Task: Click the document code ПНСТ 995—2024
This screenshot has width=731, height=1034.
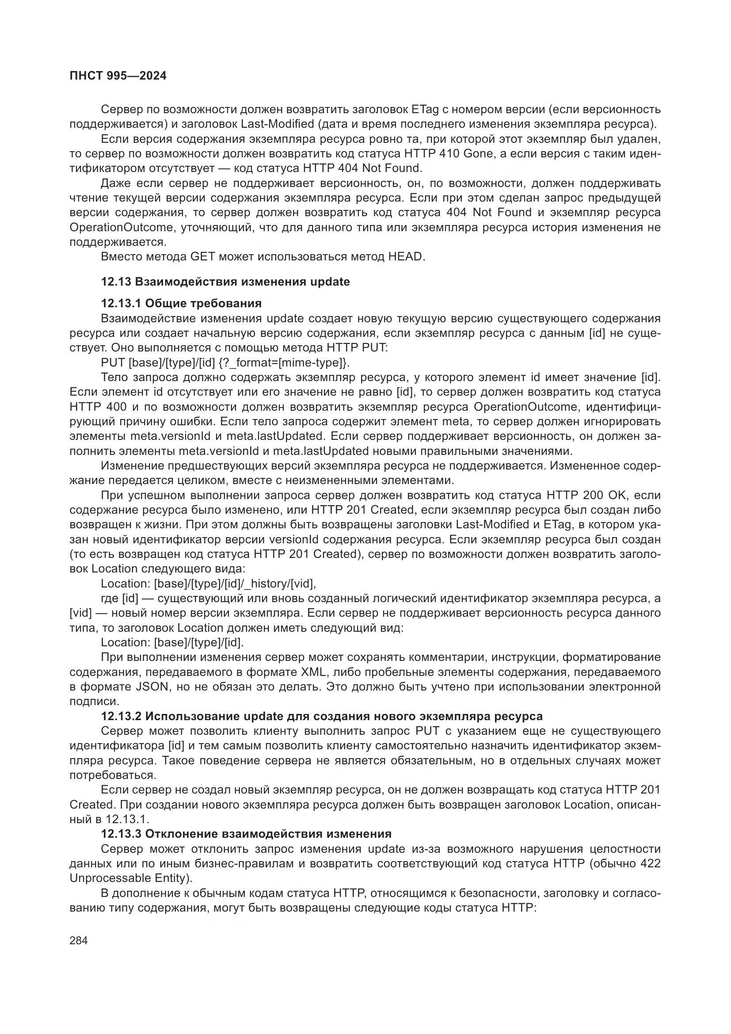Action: click(118, 76)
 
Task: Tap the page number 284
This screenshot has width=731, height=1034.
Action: click(79, 940)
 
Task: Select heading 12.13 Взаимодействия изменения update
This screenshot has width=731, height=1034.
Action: click(225, 282)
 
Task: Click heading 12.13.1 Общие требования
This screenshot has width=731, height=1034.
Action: click(181, 303)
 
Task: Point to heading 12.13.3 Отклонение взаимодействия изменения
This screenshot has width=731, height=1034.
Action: click(246, 834)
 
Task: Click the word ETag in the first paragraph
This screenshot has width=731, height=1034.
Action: click(422, 110)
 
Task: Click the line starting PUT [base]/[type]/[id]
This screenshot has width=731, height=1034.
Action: click(225, 362)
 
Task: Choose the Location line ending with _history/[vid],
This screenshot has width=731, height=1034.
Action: click(209, 584)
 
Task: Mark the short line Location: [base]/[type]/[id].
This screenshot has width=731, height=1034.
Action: click(172, 643)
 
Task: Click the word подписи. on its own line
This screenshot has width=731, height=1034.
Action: click(94, 702)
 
